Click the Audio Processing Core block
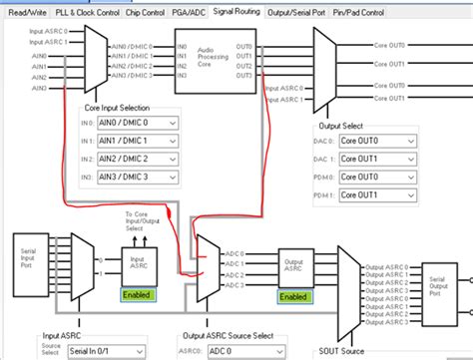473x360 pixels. (210, 57)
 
